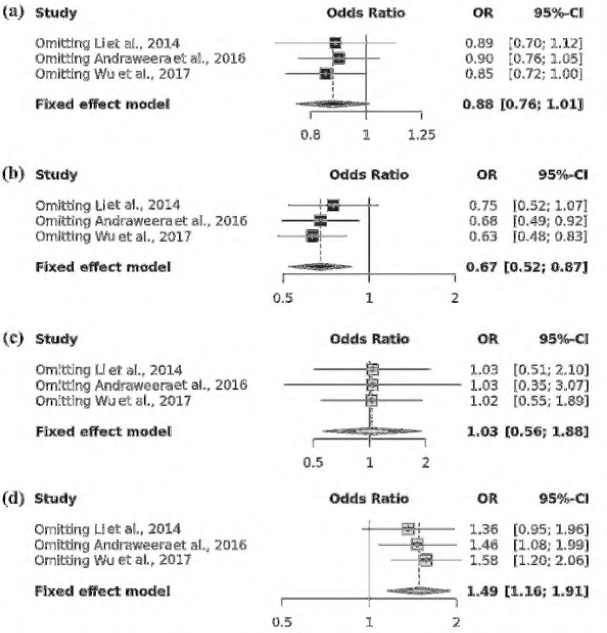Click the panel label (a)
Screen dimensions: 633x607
(13, 12)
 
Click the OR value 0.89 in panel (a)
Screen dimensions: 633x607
(479, 44)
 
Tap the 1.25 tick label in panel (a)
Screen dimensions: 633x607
(422, 135)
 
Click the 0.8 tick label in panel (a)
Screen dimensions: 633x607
(310, 135)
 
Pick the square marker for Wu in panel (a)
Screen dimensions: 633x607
(326, 74)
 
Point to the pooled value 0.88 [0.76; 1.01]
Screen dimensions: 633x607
(523, 104)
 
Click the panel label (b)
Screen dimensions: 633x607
(13, 174)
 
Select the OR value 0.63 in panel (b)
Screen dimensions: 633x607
(483, 236)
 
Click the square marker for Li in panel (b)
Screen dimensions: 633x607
(333, 205)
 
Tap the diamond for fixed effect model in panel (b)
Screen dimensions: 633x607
(320, 267)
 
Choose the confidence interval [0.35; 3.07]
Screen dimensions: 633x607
(551, 385)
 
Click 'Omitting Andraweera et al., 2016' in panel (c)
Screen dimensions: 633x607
(141, 385)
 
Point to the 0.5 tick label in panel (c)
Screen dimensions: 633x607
(313, 462)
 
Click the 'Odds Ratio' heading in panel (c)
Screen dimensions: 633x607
(369, 339)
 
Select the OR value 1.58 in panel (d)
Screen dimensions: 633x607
(484, 560)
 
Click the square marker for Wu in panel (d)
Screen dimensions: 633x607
(426, 560)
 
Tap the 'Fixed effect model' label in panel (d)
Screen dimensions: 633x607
(102, 591)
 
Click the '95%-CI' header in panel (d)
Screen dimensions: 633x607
(563, 499)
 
